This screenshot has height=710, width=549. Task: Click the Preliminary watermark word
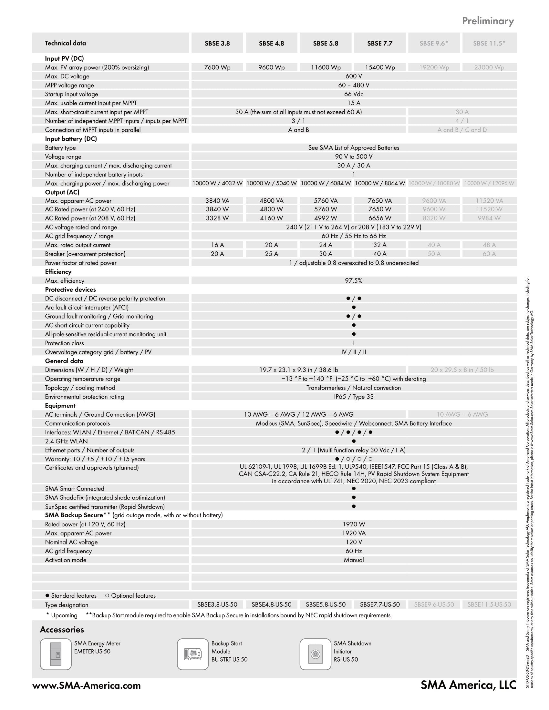click(488, 21)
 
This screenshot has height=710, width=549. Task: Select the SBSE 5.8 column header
click(326, 43)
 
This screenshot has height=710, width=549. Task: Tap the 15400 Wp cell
click(380, 67)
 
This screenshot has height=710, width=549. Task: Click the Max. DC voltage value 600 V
click(354, 76)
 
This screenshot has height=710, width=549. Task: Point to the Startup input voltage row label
click(72, 94)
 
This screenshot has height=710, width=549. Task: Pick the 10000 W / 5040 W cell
click(272, 183)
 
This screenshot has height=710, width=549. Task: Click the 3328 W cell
click(217, 218)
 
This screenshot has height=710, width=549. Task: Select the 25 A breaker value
click(272, 254)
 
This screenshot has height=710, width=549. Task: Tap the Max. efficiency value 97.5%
click(354, 280)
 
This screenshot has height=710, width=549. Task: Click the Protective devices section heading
click(70, 290)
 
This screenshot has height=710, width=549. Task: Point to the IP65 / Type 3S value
click(354, 397)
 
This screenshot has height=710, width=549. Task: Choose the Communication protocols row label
click(78, 423)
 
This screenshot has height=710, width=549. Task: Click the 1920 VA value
click(354, 533)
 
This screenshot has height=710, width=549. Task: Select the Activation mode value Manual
click(354, 560)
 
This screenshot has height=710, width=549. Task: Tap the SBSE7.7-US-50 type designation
click(380, 605)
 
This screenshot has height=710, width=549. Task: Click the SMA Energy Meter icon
click(56, 654)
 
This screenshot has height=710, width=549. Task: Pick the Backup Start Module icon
click(193, 654)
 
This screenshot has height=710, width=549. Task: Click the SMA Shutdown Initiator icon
click(315, 654)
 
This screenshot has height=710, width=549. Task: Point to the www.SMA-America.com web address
click(87, 685)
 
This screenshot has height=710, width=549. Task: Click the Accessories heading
click(62, 630)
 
